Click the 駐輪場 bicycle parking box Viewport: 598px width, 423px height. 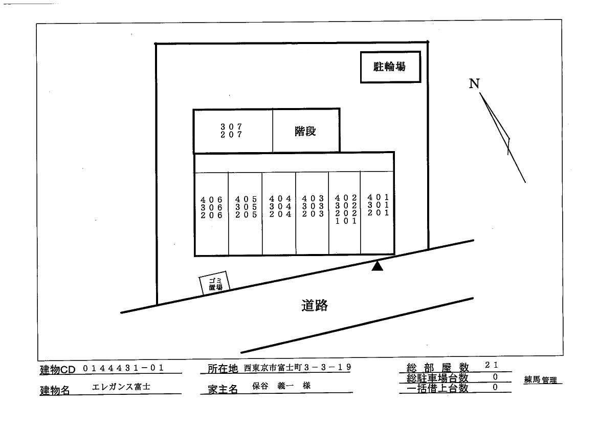[390, 67]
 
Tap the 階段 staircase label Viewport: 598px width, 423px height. [305, 131]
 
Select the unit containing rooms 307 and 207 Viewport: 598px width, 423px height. [233, 131]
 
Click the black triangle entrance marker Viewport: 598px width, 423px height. [377, 266]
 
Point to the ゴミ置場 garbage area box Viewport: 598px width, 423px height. [215, 283]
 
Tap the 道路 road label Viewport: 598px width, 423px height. [315, 305]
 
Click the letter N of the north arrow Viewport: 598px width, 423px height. [474, 83]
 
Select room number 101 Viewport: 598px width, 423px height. [346, 221]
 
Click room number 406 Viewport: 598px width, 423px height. [212, 200]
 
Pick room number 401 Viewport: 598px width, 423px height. [379, 197]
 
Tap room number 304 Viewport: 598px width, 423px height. [280, 206]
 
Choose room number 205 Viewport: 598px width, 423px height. [246, 215]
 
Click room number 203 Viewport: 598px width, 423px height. [313, 214]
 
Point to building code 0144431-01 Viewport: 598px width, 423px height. [123, 368]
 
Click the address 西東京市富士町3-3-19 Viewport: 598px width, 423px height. [298, 368]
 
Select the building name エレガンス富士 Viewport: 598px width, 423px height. [121, 387]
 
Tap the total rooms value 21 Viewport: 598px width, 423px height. [491, 365]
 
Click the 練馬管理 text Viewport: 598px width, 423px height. [540, 380]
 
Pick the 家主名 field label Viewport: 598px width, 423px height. [223, 389]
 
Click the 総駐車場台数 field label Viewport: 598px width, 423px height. [437, 378]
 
